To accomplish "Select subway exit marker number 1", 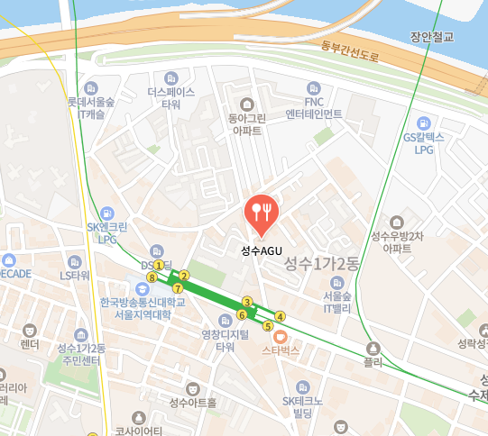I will click(x=160, y=265).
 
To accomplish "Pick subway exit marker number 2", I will click(x=184, y=276).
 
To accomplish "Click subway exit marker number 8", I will click(x=152, y=277).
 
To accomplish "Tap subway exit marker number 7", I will click(x=178, y=288).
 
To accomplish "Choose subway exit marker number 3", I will click(x=246, y=302).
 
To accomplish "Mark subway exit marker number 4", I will click(x=281, y=316).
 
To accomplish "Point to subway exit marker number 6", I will click(x=241, y=314).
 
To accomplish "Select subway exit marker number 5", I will click(x=267, y=325).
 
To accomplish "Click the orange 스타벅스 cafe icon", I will click(x=280, y=336).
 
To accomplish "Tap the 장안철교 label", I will click(x=431, y=37).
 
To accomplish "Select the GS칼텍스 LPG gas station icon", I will click(x=423, y=123).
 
